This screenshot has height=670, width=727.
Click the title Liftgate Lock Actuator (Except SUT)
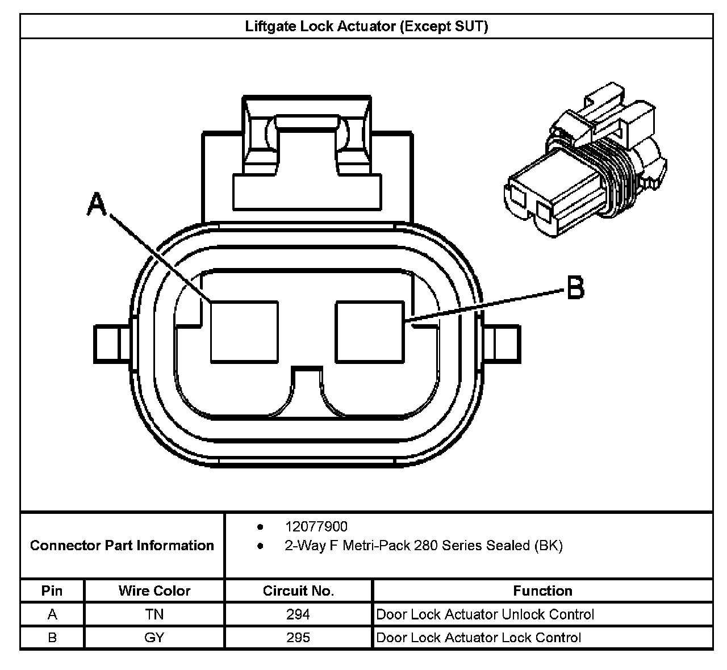coord(366,26)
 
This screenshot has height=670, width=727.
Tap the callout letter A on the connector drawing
coord(97,204)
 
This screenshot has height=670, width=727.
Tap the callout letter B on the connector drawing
coord(575,287)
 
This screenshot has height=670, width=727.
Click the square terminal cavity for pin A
coord(244,332)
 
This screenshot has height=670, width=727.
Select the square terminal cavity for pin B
coord(370,332)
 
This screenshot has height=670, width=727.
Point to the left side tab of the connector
coord(110,344)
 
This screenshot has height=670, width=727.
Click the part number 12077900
coord(316,527)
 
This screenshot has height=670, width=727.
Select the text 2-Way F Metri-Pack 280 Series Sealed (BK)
coord(423,546)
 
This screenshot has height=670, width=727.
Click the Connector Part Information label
coord(122,546)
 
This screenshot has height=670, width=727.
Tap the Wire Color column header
coord(154,591)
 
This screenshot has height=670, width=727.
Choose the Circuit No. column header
coord(298,591)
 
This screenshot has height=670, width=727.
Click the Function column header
coord(542,591)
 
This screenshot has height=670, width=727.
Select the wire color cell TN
coord(154,614)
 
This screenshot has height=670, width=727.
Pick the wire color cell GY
coord(154,638)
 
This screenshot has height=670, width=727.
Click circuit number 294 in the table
coord(298,614)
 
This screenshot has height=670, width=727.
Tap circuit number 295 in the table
coord(298,638)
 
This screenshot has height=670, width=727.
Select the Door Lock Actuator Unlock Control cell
coord(485,614)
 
